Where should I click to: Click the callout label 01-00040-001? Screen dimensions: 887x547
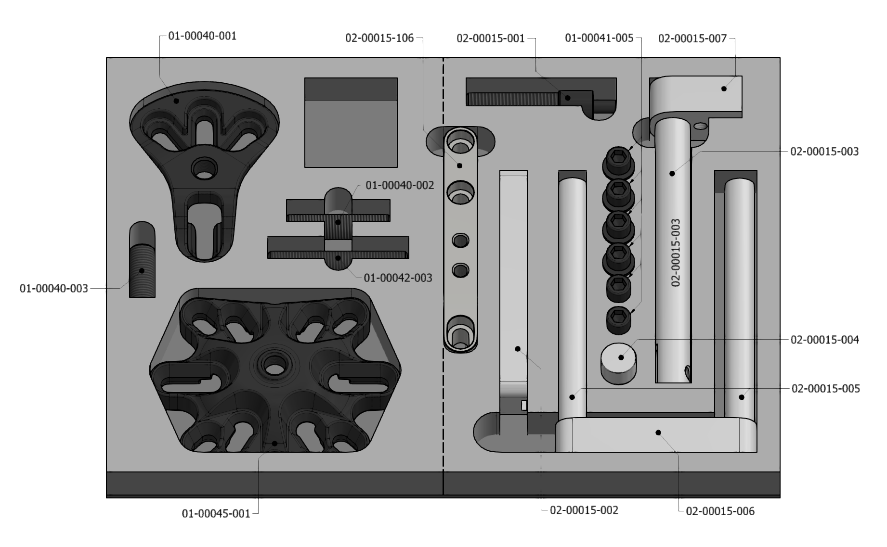click(202, 36)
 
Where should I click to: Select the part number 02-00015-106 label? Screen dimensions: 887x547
click(379, 38)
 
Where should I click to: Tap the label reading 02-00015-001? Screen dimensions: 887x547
click(491, 38)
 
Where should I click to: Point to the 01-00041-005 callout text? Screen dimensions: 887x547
click(599, 38)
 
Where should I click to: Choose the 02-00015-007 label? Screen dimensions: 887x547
click(692, 38)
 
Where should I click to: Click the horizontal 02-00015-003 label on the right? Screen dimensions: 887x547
click(824, 152)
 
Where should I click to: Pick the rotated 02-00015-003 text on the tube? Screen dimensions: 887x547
click(676, 253)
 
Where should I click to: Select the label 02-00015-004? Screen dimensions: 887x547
click(825, 340)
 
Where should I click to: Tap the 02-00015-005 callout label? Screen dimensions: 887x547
click(826, 388)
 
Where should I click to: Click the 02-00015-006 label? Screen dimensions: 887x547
click(720, 511)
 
